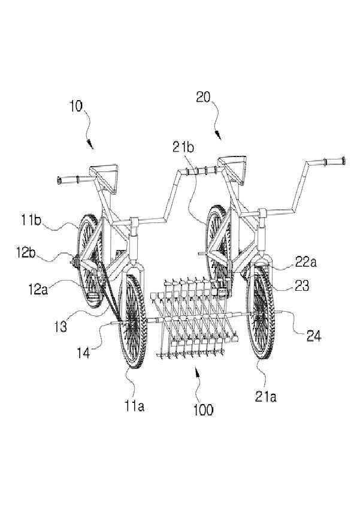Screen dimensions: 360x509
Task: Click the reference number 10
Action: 76,107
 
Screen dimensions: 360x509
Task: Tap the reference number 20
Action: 203,97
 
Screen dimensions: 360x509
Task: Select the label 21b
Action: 183,147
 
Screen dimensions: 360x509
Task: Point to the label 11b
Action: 31,221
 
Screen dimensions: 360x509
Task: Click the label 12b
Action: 26,253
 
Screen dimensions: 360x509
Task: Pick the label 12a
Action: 37,289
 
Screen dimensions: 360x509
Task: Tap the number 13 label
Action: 60,326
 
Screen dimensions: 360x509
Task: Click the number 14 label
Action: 84,353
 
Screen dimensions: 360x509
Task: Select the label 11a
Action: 134,406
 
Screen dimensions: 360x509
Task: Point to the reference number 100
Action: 203,410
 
